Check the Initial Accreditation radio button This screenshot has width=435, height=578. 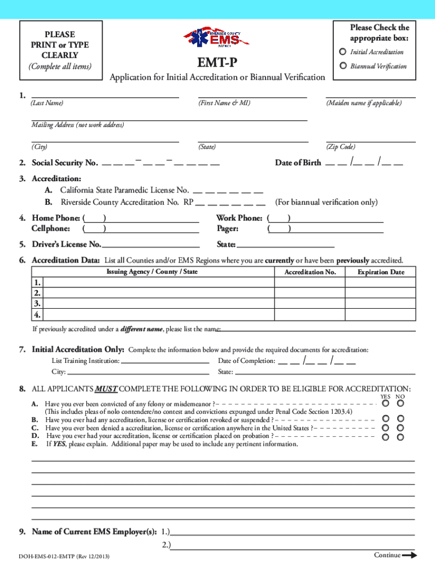[x=343, y=52]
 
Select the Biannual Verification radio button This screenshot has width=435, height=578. [x=343, y=66]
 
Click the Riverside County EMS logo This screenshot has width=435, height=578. [x=220, y=38]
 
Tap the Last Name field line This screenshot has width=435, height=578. [x=105, y=96]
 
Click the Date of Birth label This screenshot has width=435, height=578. [x=298, y=163]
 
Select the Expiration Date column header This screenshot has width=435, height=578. [x=381, y=272]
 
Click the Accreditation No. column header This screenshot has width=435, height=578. [x=310, y=272]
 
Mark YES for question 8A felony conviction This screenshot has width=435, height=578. [x=385, y=404]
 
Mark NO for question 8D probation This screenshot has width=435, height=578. [x=400, y=437]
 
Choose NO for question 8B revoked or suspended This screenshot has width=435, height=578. [x=400, y=419]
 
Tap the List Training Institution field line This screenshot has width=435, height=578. [x=165, y=361]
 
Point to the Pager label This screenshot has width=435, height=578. [x=228, y=229]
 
